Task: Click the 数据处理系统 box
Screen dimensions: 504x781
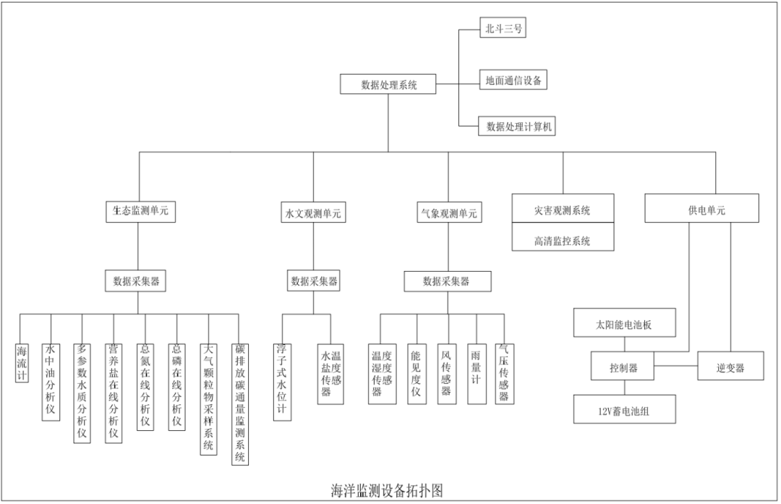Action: coord(389,84)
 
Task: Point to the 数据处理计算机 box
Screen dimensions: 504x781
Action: coord(520,126)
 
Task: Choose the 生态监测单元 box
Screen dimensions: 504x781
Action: coord(140,210)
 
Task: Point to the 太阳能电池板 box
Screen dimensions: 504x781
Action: coord(624,324)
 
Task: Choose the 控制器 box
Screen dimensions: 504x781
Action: coord(623,367)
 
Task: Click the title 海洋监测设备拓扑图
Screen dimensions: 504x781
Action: coord(381,490)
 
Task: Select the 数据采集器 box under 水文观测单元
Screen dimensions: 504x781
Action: coord(314,281)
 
